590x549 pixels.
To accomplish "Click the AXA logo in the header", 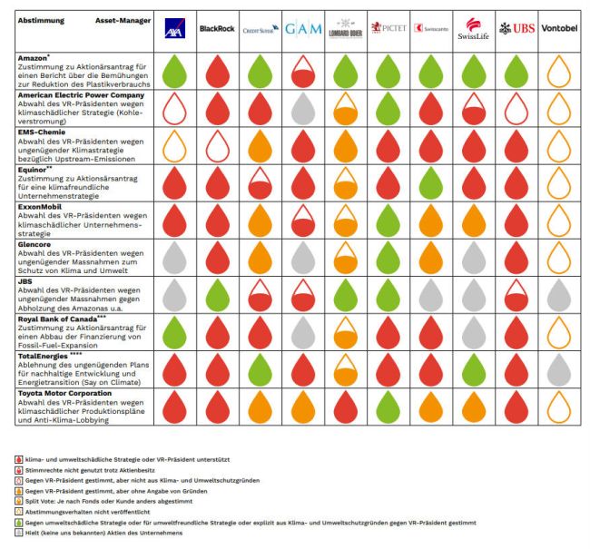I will pyautogui.click(x=172, y=30).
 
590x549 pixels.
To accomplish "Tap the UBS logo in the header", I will pyautogui.click(x=517, y=29).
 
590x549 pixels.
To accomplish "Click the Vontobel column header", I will pyautogui.click(x=561, y=29).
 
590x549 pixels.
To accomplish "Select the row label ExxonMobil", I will pyautogui.click(x=41, y=206).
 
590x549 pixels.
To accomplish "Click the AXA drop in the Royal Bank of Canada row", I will pyautogui.click(x=172, y=332).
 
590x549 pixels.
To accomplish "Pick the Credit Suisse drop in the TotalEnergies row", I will pyautogui.click(x=259, y=369).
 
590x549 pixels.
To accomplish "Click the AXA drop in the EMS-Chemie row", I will pyautogui.click(x=172, y=145).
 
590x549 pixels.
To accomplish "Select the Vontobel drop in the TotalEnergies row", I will pyautogui.click(x=561, y=369).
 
